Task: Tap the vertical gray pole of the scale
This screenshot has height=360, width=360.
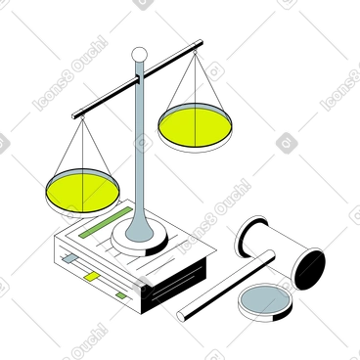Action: [x=140, y=147]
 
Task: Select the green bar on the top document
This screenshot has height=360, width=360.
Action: [x=101, y=233]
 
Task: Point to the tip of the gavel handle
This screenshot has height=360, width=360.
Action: [x=182, y=315]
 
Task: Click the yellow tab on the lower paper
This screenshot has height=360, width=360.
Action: [x=92, y=277]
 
